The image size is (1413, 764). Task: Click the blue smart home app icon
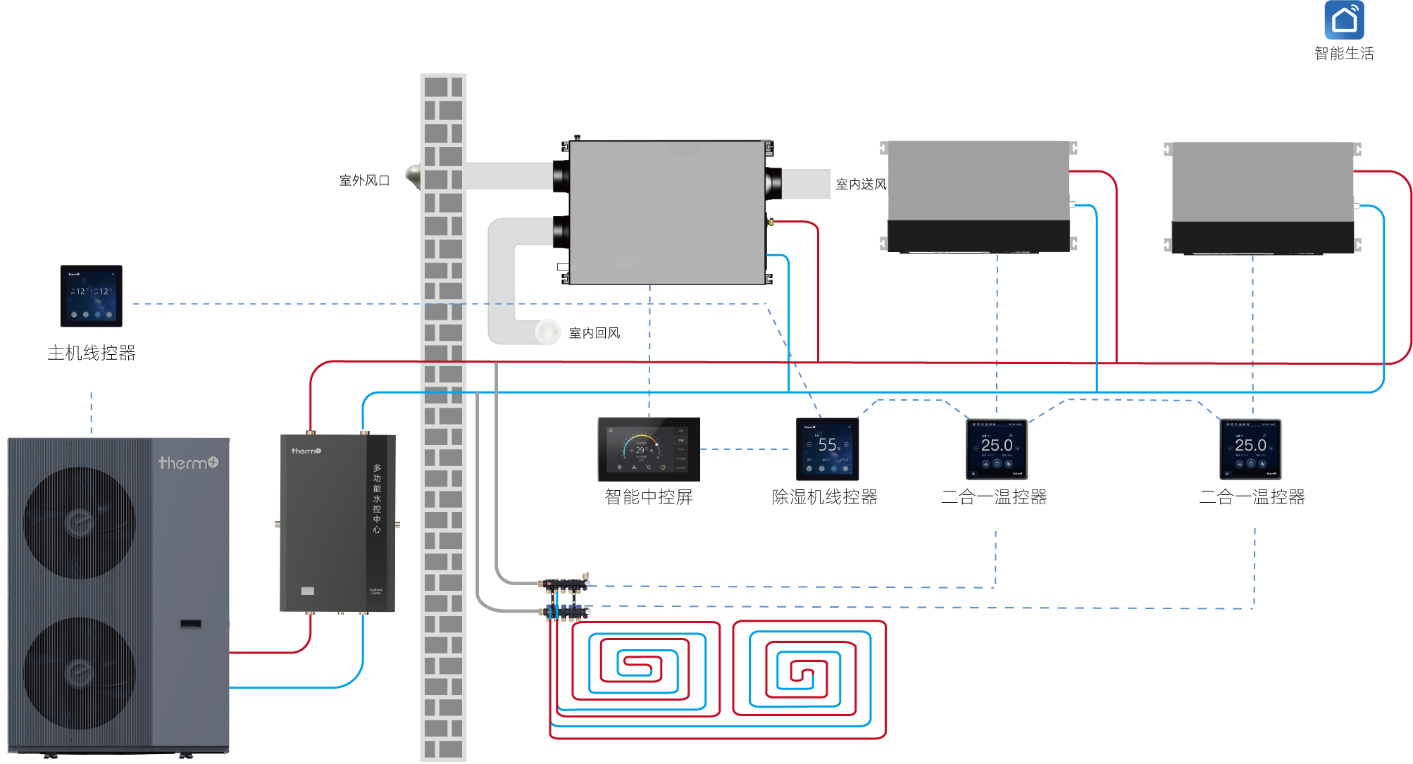[x=1344, y=20]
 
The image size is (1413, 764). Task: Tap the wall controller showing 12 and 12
[x=91, y=296]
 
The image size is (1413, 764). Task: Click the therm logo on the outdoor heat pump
[x=188, y=463]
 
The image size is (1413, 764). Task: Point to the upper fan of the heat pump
[x=79, y=522]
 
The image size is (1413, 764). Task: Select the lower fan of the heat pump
[x=79, y=673]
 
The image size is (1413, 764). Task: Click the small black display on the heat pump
[x=190, y=624]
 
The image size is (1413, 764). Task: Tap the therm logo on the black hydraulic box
[x=306, y=451]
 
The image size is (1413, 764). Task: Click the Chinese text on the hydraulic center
[x=377, y=498]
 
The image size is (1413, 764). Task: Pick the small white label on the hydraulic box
[x=308, y=591]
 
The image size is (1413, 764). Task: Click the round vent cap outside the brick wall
[x=412, y=175]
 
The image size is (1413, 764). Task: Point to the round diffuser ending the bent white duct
[x=548, y=332]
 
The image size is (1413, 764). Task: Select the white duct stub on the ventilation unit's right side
[x=806, y=184]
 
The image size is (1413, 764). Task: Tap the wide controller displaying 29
[x=648, y=449]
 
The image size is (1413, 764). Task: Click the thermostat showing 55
[x=827, y=449]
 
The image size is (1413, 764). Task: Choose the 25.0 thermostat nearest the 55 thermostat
[x=997, y=449]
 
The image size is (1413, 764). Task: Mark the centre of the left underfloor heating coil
[x=638, y=665]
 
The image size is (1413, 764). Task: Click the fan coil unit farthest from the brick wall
[x=1262, y=196]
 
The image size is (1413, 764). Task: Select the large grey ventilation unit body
[x=666, y=211]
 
